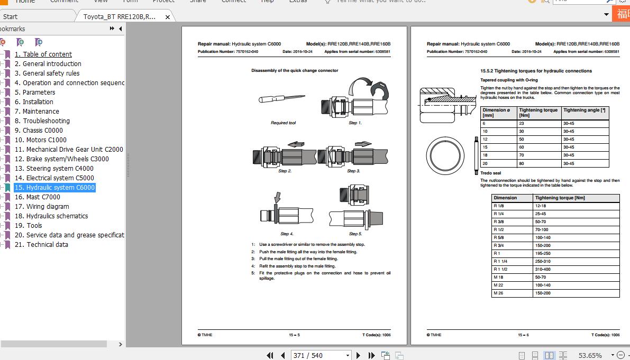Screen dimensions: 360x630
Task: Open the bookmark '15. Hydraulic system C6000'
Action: click(54, 188)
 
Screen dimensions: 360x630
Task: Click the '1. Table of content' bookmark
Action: click(43, 54)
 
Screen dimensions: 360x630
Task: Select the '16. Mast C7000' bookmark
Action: click(37, 197)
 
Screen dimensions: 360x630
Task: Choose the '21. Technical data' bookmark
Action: click(41, 245)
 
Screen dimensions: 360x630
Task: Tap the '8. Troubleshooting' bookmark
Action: click(42, 121)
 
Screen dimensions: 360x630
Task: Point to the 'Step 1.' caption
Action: click(355, 123)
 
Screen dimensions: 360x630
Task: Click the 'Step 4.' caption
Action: click(287, 234)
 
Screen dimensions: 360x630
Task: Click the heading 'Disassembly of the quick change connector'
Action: click(295, 70)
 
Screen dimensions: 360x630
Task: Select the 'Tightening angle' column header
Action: click(584, 110)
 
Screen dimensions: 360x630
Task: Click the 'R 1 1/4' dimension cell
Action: click(500, 261)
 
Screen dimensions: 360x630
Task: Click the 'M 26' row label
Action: click(498, 293)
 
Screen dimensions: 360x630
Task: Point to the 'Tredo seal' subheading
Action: click(490, 173)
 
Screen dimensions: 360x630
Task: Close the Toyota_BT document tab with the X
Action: click(168, 17)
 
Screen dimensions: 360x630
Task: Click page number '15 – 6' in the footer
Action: click(523, 335)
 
